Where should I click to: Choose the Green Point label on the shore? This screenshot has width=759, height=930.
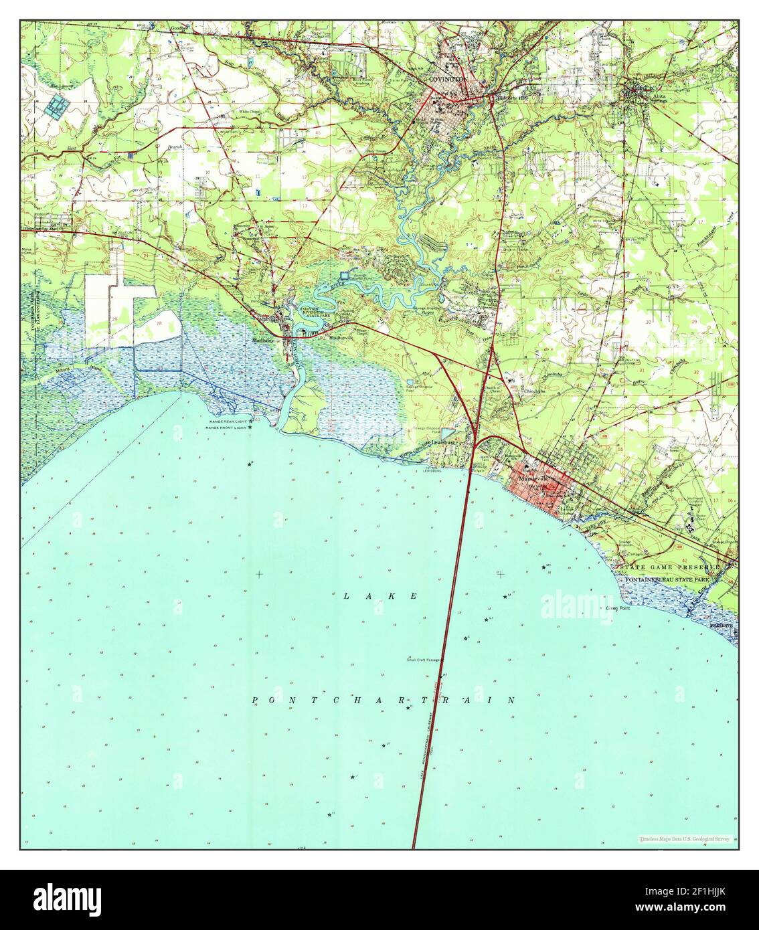pyautogui.click(x=620, y=609)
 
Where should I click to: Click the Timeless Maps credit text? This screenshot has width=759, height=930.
pyautogui.click(x=683, y=838)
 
